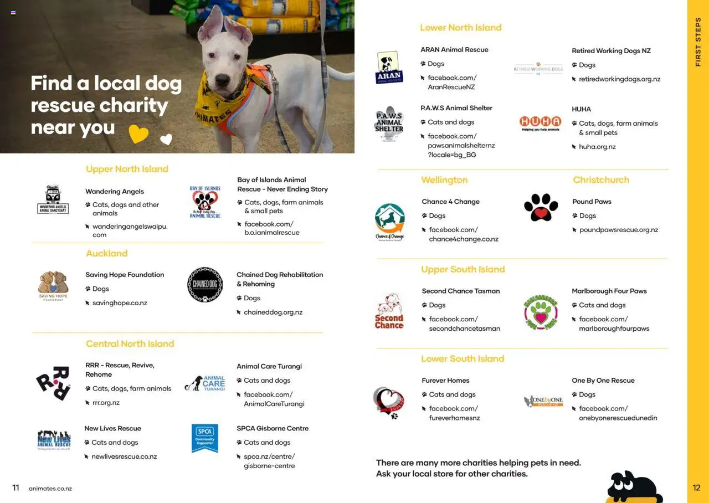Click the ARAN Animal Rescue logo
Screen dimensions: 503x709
pos(389,68)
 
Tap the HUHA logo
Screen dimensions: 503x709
pos(540,123)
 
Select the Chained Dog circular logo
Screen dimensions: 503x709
pos(205,285)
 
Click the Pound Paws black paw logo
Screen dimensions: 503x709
pos(541,207)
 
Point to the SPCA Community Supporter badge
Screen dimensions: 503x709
pos(204,438)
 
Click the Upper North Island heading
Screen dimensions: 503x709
pos(127,169)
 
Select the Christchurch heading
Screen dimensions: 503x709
pos(601,180)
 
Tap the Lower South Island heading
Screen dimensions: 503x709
pos(463,358)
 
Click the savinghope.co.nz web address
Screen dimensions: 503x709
pos(120,303)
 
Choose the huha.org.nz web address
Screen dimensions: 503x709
pos(597,147)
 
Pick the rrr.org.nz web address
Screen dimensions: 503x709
pos(106,403)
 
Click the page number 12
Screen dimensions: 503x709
pos(696,488)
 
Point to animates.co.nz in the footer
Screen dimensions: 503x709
pos(50,489)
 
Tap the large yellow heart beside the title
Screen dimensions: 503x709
pos(138,134)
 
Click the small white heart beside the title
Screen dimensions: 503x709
pos(166,140)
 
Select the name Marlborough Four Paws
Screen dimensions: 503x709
pos(609,291)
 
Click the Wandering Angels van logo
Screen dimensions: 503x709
pos(53,200)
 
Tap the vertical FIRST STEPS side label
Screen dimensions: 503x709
pos(698,42)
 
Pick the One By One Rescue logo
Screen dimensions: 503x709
pos(543,401)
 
